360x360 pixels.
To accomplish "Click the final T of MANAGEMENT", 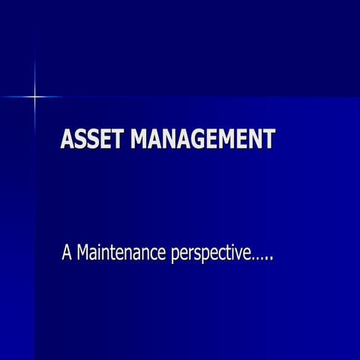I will click(268, 139).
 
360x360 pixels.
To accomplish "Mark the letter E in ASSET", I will click(104, 139).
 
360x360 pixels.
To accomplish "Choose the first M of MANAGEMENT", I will click(140, 139).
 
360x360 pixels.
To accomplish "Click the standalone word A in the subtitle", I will click(66, 253).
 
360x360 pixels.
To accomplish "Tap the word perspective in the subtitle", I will click(211, 255).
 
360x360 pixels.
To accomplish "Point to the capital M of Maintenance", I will click(82, 253).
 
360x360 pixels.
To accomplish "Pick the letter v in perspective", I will click(239, 255).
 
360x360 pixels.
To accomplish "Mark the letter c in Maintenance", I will click(149, 255).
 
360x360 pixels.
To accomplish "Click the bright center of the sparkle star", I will click(34, 97).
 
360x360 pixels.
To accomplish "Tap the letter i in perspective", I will click(232, 253).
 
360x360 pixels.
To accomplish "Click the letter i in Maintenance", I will click(97, 253).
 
